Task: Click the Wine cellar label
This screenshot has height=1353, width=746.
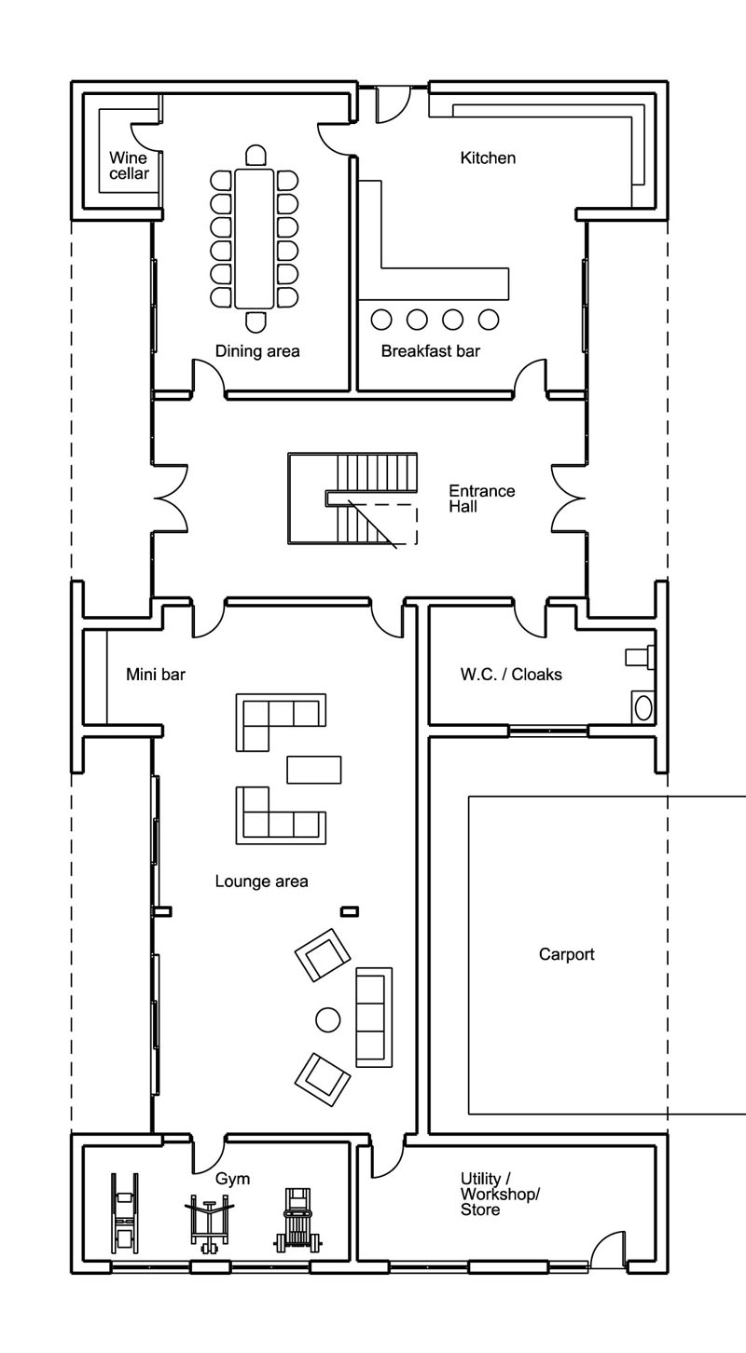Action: (129, 166)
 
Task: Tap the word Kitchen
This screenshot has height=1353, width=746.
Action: (488, 158)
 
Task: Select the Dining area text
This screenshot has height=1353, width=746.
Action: (257, 351)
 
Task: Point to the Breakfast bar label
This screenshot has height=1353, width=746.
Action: (431, 351)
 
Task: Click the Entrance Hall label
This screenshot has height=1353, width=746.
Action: (482, 499)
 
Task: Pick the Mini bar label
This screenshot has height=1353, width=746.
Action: (156, 674)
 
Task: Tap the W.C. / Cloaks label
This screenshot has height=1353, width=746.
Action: (511, 674)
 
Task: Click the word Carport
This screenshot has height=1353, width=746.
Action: (566, 954)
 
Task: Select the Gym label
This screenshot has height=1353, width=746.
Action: (232, 1179)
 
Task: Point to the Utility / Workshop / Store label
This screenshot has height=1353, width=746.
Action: (500, 1195)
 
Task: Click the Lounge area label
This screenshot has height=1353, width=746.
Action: (261, 881)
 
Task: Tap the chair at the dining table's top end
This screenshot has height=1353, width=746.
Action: (256, 156)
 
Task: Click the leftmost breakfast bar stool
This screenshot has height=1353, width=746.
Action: (380, 320)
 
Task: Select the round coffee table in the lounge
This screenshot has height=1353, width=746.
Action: (327, 1020)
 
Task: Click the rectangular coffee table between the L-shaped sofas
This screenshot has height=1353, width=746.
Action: (313, 770)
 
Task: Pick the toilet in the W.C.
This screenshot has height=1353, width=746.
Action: (641, 657)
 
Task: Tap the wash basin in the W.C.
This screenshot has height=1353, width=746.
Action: (643, 708)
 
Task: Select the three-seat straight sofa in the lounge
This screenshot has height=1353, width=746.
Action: (374, 1018)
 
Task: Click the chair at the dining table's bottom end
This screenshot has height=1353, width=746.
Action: (256, 321)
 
